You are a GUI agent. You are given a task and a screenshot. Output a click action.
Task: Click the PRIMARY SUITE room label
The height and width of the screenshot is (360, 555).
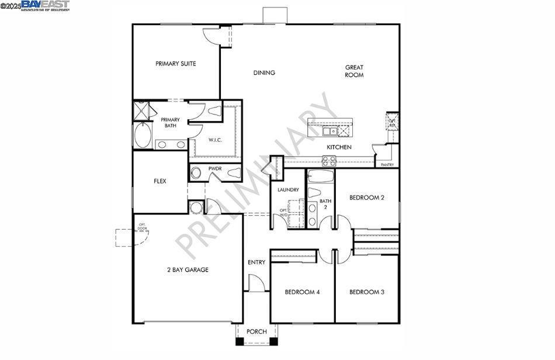pos(175,64)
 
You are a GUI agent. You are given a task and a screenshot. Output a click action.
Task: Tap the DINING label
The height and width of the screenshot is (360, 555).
pos(264,73)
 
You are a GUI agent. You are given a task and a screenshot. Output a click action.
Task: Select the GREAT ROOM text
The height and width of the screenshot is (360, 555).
pos(354,71)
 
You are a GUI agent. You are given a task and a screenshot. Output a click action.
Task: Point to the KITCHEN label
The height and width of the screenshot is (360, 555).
pos(339,147)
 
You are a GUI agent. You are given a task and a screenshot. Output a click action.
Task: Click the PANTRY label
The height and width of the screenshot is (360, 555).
pos(387,165)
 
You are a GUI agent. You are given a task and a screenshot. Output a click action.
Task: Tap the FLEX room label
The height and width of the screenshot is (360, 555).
pos(160,181)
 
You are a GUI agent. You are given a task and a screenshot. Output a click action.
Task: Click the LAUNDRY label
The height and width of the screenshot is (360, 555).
pos(288,190)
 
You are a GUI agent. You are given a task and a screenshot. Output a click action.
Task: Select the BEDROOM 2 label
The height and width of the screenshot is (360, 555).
pos(366,198)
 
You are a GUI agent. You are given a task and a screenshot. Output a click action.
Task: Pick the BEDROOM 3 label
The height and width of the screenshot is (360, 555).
pos(366,292)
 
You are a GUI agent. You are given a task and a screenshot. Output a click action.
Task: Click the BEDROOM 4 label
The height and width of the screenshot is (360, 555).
pos(302,292)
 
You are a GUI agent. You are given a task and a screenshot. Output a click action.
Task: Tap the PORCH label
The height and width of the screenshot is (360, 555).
pos(256,332)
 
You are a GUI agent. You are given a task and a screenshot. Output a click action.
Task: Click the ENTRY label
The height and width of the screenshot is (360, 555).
pos(256,262)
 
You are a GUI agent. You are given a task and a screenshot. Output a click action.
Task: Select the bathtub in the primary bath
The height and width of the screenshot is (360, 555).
pos(143,136)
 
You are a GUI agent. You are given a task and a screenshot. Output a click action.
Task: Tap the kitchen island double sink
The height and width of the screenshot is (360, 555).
pos(324,131)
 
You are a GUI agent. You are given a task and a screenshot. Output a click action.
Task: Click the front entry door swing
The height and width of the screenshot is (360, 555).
pos(256,283)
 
